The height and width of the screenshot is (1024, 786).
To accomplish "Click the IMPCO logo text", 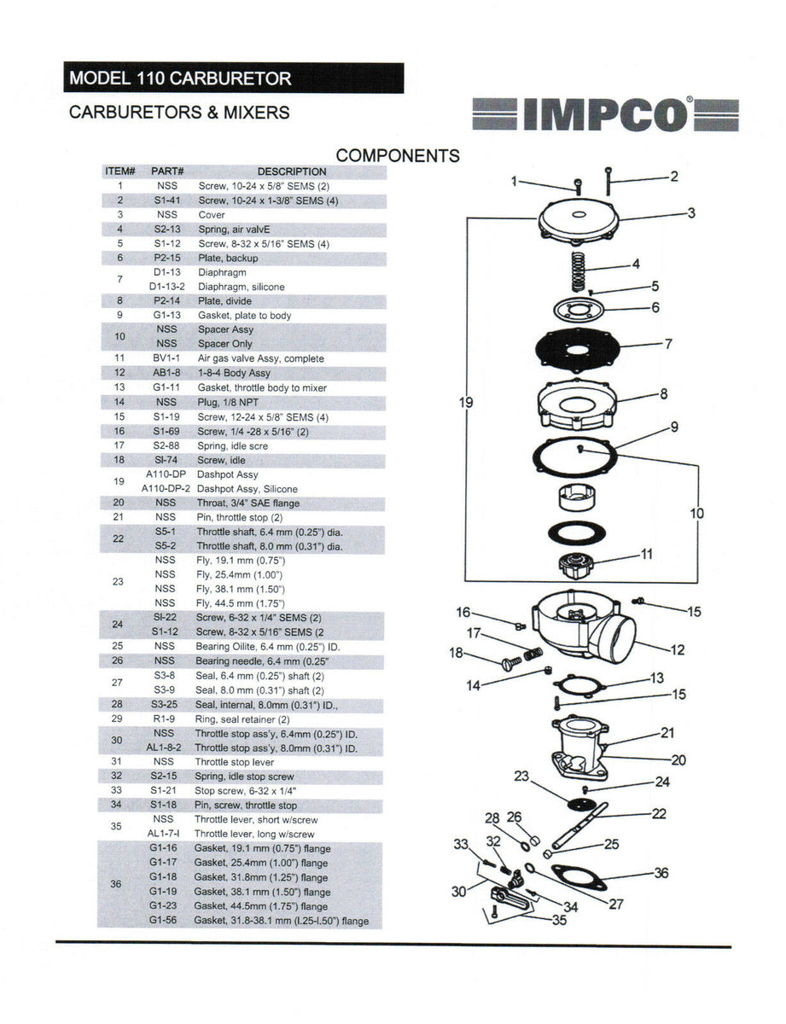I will pos(606,115).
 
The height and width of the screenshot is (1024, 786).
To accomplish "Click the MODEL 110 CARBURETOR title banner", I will pos(181,79).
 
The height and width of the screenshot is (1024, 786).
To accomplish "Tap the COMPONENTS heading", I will pos(398,155).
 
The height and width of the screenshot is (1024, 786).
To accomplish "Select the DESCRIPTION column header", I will pos(291,172).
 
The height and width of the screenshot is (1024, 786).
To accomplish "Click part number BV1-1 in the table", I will pos(166,358).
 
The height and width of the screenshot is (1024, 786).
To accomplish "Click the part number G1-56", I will pos(163,921).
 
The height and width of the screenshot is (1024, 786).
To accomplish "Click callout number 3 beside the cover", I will pos(691,213).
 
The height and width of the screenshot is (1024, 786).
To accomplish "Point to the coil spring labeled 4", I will pos(579,271).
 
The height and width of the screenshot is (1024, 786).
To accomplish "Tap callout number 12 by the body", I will pos(677,650).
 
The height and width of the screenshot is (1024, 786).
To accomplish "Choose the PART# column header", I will pos(167,172).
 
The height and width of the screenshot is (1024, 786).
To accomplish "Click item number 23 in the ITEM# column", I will pos(118,581).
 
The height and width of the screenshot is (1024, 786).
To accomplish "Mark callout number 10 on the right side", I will pos(697,514).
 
